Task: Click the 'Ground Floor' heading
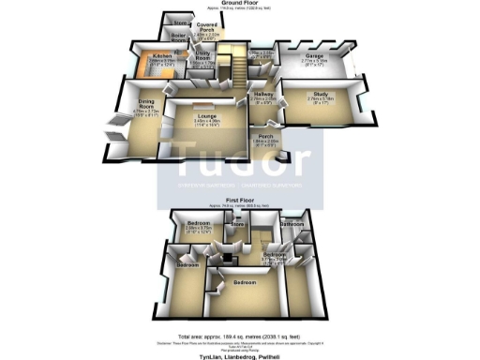tap(240, 4)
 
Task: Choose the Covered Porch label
tap(207, 27)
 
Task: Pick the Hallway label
tap(262, 94)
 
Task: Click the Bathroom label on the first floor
tap(291, 224)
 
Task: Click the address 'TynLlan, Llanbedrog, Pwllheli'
tap(239, 355)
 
